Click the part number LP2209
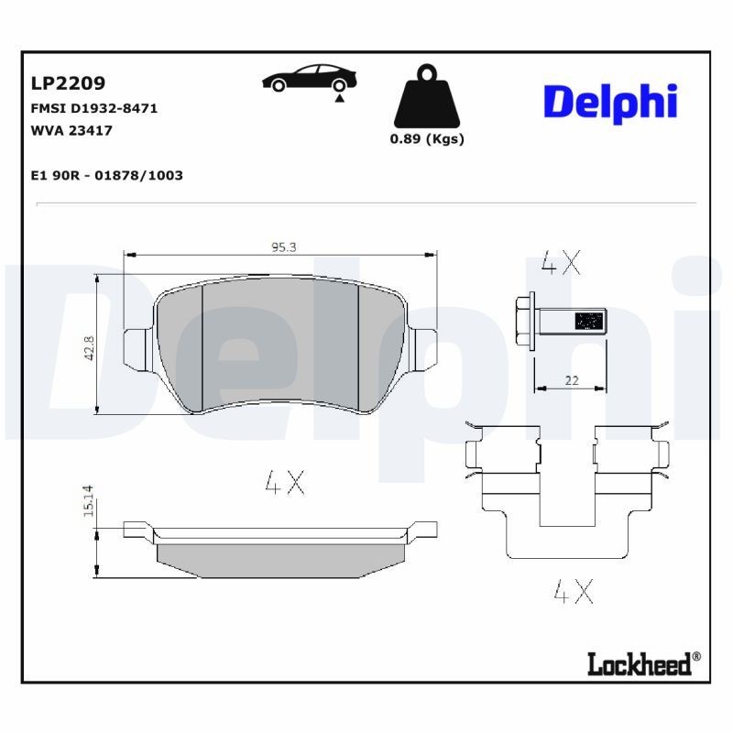pyautogui.click(x=68, y=84)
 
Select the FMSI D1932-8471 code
pyautogui.click(x=94, y=108)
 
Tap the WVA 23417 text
pyautogui.click(x=71, y=130)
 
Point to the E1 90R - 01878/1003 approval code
pyautogui.click(x=107, y=175)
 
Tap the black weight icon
pyautogui.click(x=427, y=98)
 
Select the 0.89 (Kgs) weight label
pyautogui.click(x=427, y=139)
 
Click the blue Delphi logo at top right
pyautogui.click(x=610, y=102)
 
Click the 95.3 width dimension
pyautogui.click(x=283, y=246)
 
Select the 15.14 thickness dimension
pyautogui.click(x=89, y=501)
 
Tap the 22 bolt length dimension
pyautogui.click(x=571, y=379)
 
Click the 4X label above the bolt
pyautogui.click(x=561, y=264)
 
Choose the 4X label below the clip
pyautogui.click(x=574, y=592)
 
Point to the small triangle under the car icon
pyautogui.click(x=340, y=97)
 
